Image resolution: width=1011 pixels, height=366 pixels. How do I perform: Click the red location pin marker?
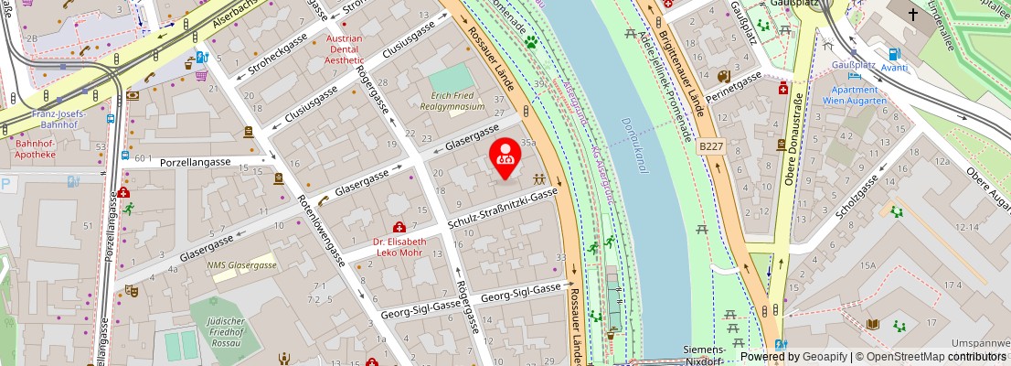(505, 158)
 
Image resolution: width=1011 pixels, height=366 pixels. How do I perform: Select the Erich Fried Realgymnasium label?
(458, 102)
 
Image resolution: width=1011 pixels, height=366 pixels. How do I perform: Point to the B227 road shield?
(712, 145)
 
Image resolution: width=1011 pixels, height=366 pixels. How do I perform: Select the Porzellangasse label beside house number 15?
(195, 162)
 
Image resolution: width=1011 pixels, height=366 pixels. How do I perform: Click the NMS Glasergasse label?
(242, 264)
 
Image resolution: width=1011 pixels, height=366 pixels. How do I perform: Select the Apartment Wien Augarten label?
(854, 96)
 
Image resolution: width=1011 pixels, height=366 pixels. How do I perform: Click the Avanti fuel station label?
(894, 68)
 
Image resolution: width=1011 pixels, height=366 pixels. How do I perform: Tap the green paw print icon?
(530, 41)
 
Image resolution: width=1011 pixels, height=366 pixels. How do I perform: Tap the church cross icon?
(914, 16)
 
